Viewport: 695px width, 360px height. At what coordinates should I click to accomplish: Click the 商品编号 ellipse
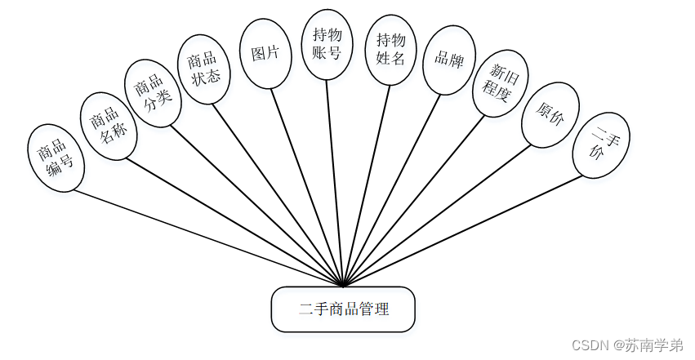56,158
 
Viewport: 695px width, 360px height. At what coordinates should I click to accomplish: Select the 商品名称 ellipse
108,126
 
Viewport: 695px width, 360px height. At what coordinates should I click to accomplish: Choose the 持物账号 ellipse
327,44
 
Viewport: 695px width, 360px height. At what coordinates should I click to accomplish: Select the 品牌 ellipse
449,60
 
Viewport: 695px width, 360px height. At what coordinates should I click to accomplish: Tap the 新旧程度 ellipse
501,83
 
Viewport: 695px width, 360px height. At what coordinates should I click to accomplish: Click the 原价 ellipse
550,114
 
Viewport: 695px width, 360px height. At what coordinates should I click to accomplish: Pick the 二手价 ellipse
601,144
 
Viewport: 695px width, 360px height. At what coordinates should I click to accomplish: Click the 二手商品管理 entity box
343,309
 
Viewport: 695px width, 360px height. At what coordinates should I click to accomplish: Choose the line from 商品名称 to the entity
233,220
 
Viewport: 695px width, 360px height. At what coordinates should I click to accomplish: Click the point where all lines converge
344,286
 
